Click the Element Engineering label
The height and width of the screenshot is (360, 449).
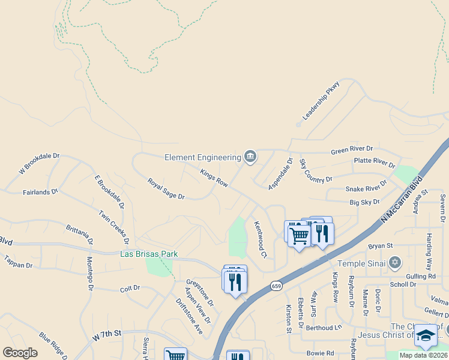pyautogui.click(x=202, y=158)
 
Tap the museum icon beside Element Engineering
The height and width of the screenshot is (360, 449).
pyautogui.click(x=250, y=157)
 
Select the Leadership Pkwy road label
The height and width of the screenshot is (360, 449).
pyautogui.click(x=321, y=101)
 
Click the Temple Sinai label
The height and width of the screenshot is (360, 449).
pyautogui.click(x=363, y=263)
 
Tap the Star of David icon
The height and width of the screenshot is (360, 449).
pyautogui.click(x=394, y=262)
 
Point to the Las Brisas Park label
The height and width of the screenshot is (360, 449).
pyautogui.click(x=149, y=254)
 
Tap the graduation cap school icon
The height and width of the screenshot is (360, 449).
pyautogui.click(x=426, y=335)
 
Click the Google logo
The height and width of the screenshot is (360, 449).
pyautogui.click(x=20, y=353)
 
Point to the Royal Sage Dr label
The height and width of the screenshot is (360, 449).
pyautogui.click(x=166, y=188)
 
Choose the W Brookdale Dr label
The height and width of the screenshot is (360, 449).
pyautogui.click(x=40, y=163)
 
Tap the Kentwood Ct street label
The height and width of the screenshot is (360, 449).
pyautogui.click(x=260, y=239)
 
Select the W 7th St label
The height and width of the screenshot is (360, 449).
pyautogui.click(x=107, y=335)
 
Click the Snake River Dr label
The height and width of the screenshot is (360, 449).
pyautogui.click(x=367, y=188)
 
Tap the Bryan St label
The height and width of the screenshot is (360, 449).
pyautogui.click(x=380, y=246)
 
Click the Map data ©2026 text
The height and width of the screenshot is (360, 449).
pyautogui.click(x=422, y=355)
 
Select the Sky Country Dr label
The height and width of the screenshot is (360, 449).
pyautogui.click(x=316, y=172)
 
